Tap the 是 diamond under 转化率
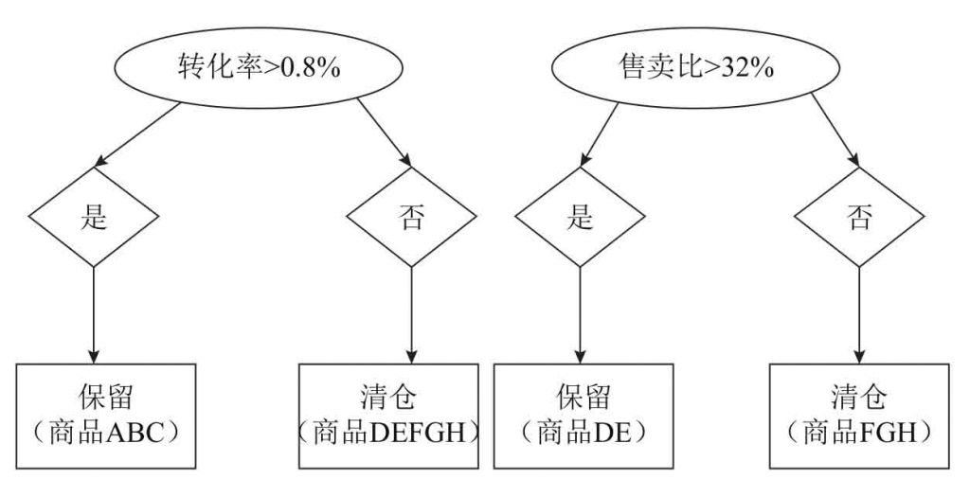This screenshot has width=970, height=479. coord(93,218)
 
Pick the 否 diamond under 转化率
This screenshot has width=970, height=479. coord(409,218)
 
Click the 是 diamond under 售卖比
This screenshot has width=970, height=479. coord(579,218)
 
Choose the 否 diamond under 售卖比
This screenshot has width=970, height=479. coord(857,218)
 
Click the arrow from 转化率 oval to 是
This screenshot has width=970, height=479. coord(137,133)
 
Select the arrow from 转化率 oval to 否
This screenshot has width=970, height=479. coord(384,133)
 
